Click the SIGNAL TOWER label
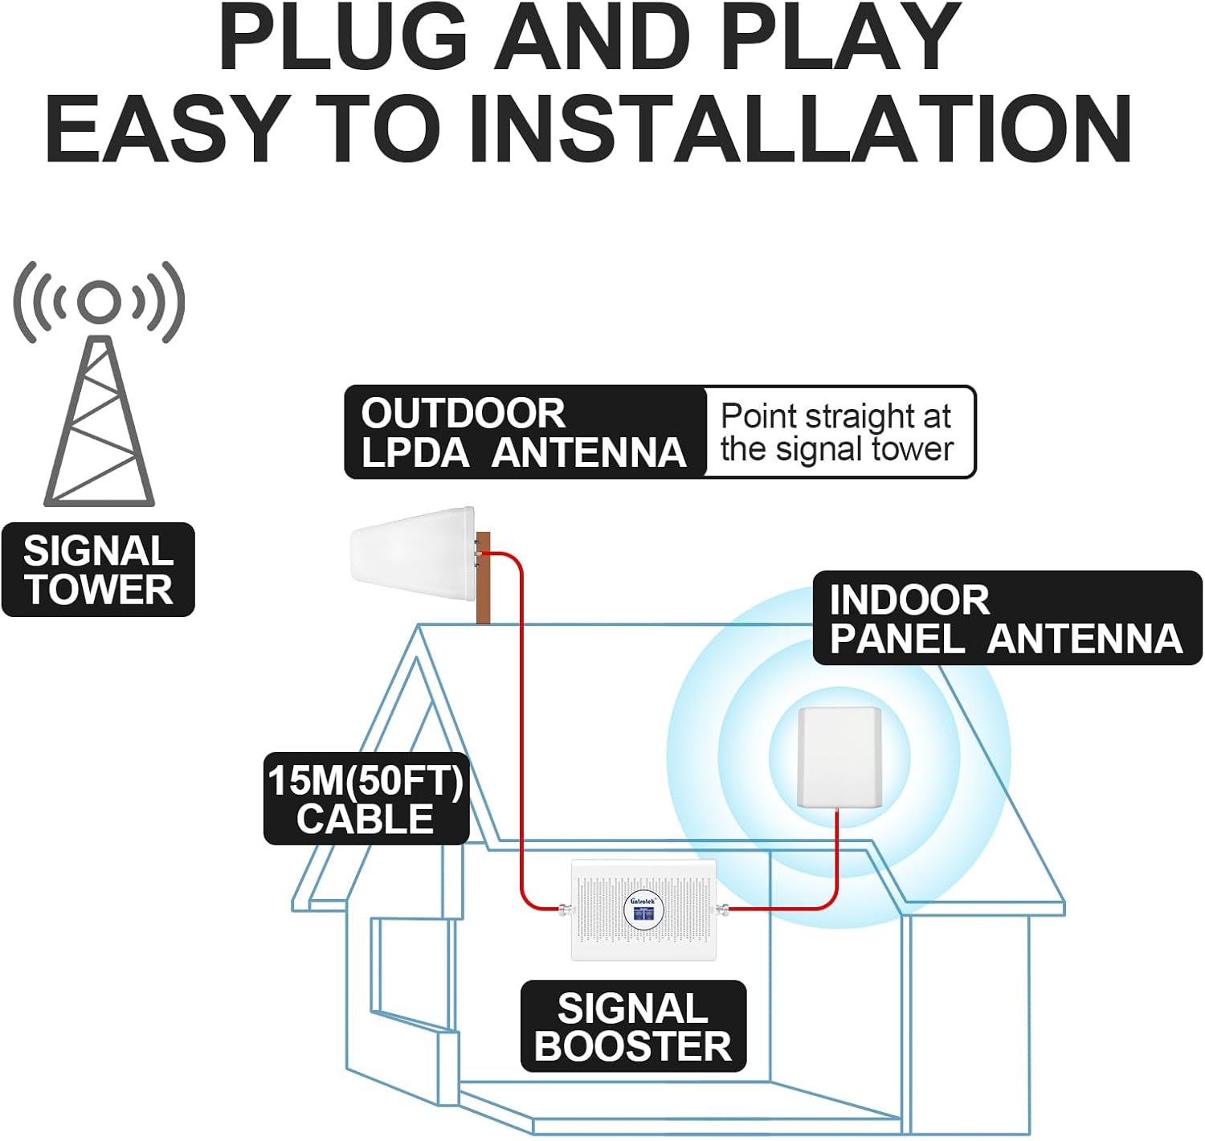coord(98,570)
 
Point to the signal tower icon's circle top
coord(100,299)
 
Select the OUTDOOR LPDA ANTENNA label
coord(525,432)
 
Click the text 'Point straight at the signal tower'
coord(836,432)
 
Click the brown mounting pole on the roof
coord(484,579)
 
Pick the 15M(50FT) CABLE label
coord(366,800)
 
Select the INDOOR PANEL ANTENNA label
coord(1006,619)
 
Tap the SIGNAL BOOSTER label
coord(633,1027)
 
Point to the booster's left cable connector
coord(566,910)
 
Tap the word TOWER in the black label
coord(98,590)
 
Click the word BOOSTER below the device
coord(633,1046)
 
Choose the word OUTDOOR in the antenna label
coord(464,413)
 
